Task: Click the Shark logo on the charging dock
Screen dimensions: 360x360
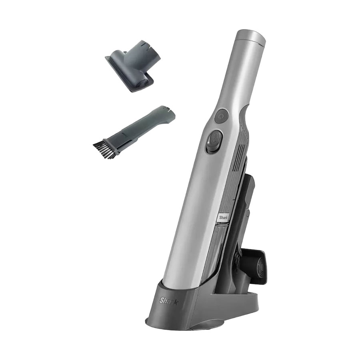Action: [x=168, y=301]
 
